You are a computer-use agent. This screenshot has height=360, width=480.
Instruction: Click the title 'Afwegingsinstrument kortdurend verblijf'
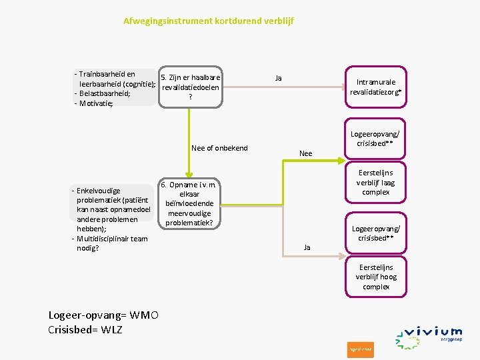pyautogui.click(x=208, y=21)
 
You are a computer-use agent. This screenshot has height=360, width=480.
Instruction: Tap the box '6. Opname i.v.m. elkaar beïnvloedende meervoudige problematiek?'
pyautogui.click(x=189, y=203)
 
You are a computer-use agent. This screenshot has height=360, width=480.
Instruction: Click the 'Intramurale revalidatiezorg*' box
pyautogui.click(x=376, y=87)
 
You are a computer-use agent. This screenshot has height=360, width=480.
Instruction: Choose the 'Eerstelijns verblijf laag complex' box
pyautogui.click(x=376, y=183)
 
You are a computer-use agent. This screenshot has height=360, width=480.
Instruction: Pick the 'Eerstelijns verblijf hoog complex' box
pyautogui.click(x=376, y=277)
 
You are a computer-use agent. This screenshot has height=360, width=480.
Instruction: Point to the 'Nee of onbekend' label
pyautogui.click(x=219, y=148)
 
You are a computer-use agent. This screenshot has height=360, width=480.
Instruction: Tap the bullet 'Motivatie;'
pyautogui.click(x=96, y=103)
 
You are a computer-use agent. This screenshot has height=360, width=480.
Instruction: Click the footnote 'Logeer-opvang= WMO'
pyautogui.click(x=103, y=315)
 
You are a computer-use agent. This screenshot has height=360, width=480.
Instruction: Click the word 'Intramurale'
pyautogui.click(x=376, y=83)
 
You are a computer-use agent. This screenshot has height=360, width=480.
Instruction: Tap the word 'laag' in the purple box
pyautogui.click(x=387, y=183)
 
